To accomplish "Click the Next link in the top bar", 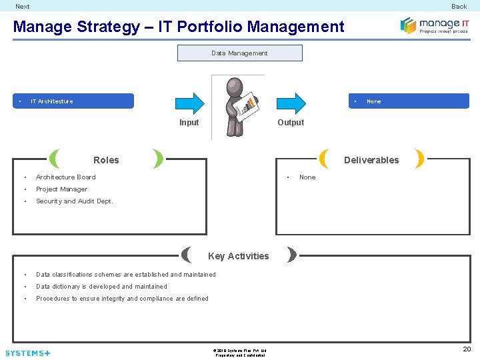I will tap(23, 7).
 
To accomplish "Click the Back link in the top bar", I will tap(459, 7).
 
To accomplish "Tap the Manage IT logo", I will tap(434, 26).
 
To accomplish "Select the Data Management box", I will tap(239, 53).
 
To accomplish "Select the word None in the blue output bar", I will tap(374, 101).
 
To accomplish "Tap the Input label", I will tap(189, 123).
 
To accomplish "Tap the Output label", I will tap(291, 123).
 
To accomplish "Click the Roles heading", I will tap(106, 160).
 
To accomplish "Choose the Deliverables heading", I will tap(371, 160).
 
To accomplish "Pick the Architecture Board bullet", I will tap(65, 177).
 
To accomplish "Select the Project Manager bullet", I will tap(61, 189).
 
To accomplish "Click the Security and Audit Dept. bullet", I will tap(74, 201).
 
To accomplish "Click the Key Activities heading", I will tap(239, 256).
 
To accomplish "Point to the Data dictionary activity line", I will tap(101, 287).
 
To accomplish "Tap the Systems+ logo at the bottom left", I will tap(27, 353).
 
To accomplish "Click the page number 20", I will tap(467, 349).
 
